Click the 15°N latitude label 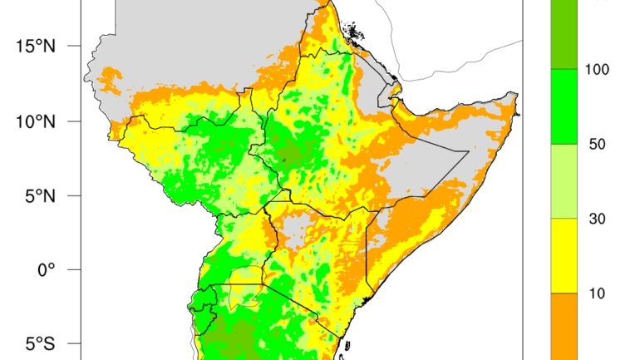(36, 46)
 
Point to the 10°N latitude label (36, 121)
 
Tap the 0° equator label (45, 269)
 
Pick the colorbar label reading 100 (598, 70)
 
